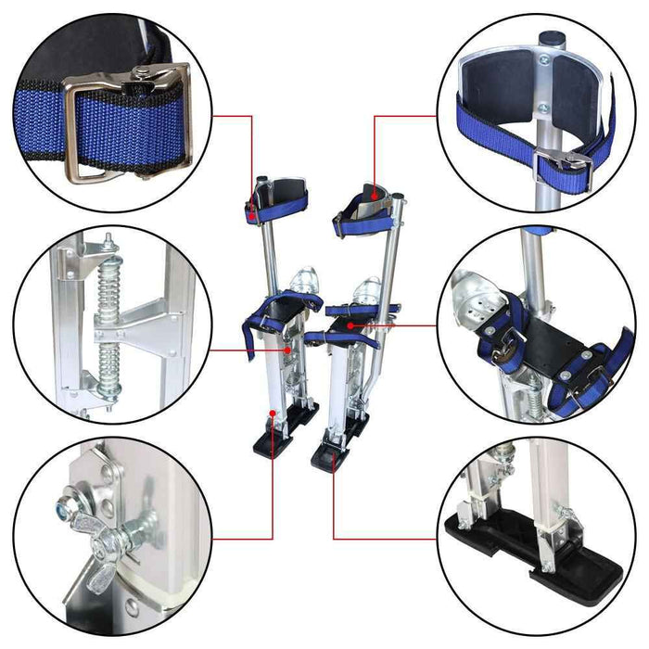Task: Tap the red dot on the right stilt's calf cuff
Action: (374, 196)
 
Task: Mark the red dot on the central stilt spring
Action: (288, 350)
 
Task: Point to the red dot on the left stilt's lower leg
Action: (273, 411)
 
